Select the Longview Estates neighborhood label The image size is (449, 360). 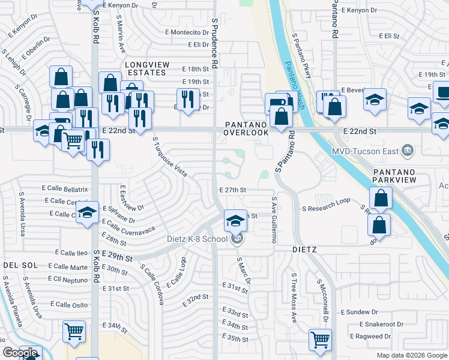[x=145, y=68]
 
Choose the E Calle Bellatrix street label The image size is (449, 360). [x=65, y=188]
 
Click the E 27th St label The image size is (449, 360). [x=233, y=190]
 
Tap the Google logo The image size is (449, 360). [x=20, y=353]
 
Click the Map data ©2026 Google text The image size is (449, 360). [x=411, y=355]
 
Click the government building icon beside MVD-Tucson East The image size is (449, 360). [x=408, y=149]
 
